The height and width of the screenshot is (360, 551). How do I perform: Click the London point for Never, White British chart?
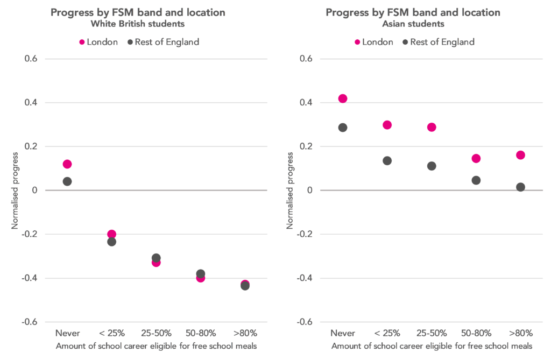pos(67,164)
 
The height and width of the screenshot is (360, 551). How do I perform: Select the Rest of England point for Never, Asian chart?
pos(343,128)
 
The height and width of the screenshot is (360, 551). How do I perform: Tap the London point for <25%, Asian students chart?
pos(387,125)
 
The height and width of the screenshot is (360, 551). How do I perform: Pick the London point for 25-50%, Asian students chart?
pos(432,128)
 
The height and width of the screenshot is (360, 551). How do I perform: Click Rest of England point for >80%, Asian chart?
pos(520,187)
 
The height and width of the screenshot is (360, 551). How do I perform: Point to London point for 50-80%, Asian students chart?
pos(476,159)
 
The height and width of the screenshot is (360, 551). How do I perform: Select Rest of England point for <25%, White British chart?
pos(111,242)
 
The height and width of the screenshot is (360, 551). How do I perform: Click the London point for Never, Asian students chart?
pos(343,98)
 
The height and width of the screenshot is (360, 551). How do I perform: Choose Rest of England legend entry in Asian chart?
pos(438,42)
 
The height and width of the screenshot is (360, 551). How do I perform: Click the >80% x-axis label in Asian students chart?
pos(520,333)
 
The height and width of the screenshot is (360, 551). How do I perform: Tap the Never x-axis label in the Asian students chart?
pos(343,333)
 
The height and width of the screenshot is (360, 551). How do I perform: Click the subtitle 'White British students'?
pos(138,25)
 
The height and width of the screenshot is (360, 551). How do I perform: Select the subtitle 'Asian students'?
pos(413,25)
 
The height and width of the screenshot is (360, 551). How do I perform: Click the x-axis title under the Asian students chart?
pos(432,345)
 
